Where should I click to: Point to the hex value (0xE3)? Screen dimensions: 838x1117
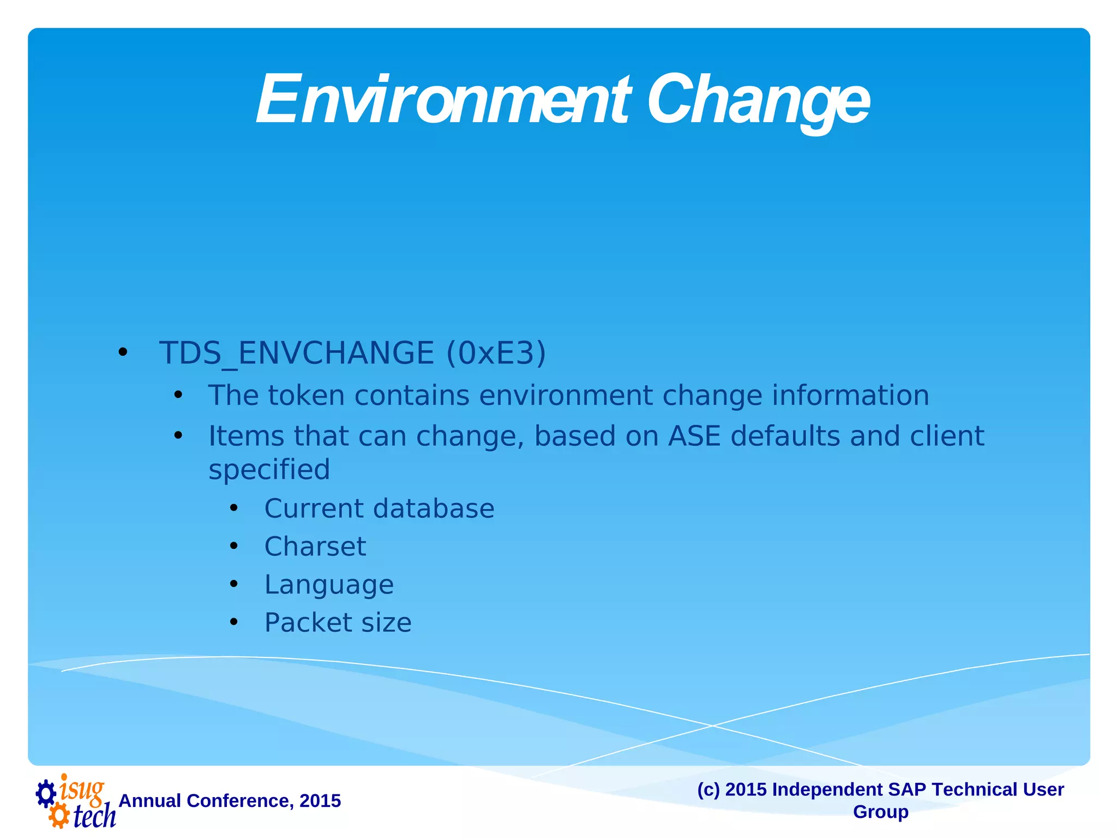pos(495,353)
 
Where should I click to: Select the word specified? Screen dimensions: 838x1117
pos(269,470)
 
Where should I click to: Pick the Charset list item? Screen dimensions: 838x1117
pos(315,547)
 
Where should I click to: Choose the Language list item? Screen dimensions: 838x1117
pos(328,585)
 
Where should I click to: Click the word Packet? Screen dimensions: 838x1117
pos(308,622)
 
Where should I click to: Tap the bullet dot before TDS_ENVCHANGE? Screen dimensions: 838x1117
pos(123,353)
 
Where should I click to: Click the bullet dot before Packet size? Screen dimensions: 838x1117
pos(234,622)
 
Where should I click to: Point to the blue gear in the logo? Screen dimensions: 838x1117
pos(46,793)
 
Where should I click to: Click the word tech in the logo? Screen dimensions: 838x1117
pos(94,816)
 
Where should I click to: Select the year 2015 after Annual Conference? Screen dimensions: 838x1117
pos(320,801)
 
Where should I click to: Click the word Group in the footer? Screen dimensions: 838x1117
pos(880,812)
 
